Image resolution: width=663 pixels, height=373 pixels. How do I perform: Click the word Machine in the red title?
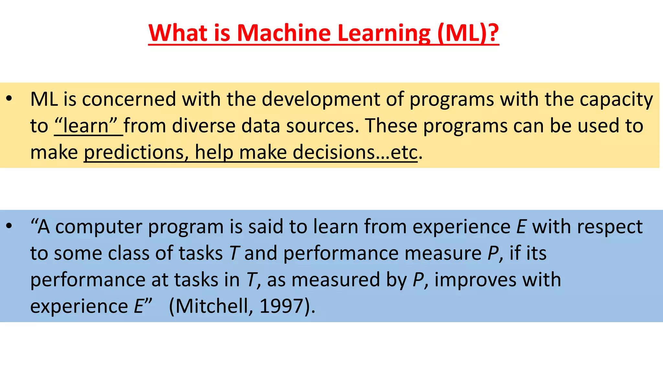[x=284, y=33]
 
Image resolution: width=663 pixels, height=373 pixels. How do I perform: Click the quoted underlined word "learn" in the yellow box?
[x=86, y=126]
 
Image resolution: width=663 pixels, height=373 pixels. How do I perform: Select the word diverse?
[x=204, y=126]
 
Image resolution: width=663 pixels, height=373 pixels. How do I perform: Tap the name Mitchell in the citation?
[x=214, y=306]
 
